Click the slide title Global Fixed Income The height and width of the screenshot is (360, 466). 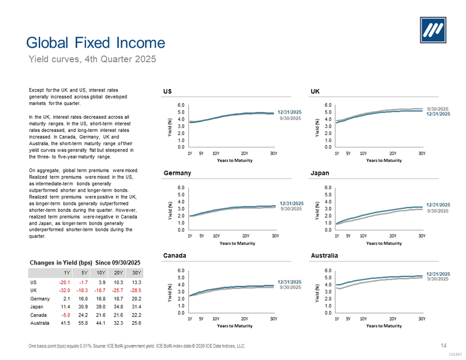click(96, 42)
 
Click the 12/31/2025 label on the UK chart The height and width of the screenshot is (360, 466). click(438, 114)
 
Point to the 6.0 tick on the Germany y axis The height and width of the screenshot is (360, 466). click(181, 187)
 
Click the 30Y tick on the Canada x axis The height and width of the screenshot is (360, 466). click(273, 318)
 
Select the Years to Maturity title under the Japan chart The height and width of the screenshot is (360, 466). click(384, 243)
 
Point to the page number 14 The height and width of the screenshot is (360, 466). click(443, 346)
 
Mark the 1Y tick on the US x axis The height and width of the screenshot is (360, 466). click(189, 153)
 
